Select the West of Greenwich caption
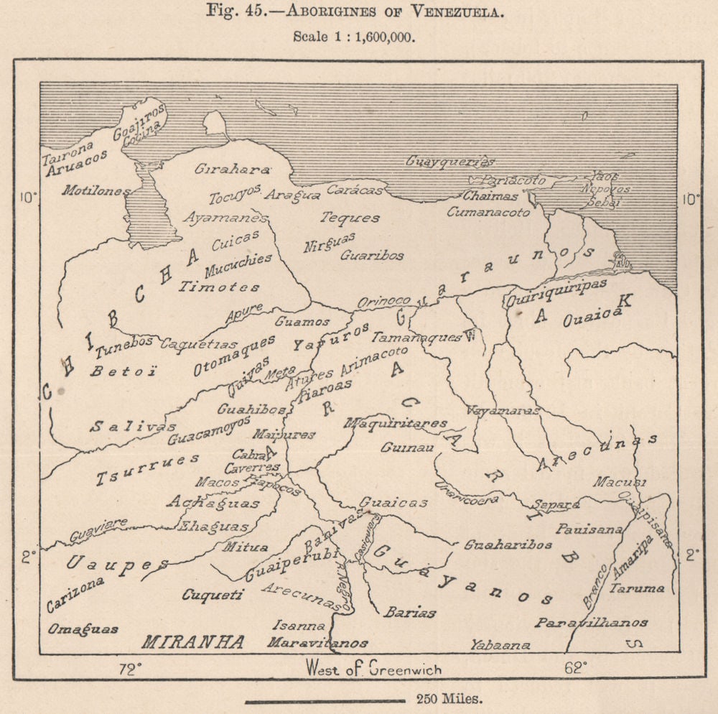(373, 669)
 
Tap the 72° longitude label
(130, 669)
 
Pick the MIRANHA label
(193, 641)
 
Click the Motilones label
(95, 191)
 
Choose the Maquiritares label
(396, 424)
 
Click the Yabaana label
(500, 645)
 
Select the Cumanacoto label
(488, 212)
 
